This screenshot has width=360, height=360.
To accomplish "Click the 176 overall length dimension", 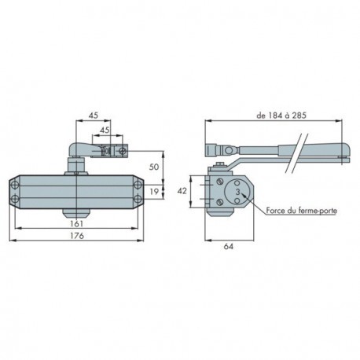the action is (x=77, y=236).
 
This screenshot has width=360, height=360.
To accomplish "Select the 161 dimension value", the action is (x=77, y=224).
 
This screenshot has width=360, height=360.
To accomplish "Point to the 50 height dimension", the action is (x=154, y=167).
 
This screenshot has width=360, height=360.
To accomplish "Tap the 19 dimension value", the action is (x=154, y=192).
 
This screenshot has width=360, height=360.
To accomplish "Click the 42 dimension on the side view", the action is (x=182, y=191).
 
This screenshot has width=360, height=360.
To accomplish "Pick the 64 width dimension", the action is (x=229, y=247).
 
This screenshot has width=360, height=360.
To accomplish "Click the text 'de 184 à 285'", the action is (x=281, y=116).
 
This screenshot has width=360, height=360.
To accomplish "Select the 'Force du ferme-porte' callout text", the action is (x=302, y=211).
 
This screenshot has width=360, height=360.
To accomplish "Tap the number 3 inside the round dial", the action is (x=237, y=192).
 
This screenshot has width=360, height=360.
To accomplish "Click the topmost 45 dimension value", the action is (x=94, y=116).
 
